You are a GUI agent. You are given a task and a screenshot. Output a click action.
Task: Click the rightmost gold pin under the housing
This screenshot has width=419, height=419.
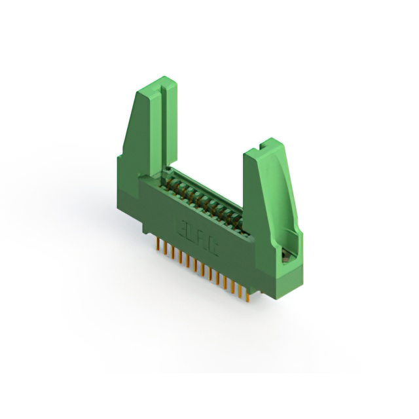(x=248, y=295)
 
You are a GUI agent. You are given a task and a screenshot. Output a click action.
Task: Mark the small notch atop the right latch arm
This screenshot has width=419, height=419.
(x=265, y=143)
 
